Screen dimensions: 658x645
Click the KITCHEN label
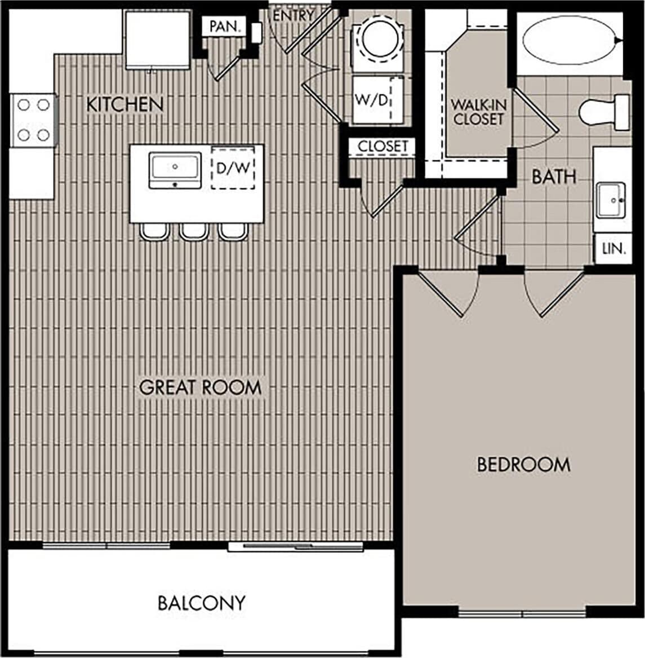[x=124, y=104]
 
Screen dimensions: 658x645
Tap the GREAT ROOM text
[x=200, y=387]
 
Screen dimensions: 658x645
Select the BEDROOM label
[x=523, y=465]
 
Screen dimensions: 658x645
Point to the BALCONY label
[x=201, y=603]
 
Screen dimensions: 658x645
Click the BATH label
[x=554, y=177]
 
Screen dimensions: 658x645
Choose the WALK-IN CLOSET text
[x=478, y=112]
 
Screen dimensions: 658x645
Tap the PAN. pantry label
[x=224, y=27]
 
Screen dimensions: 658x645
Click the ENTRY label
[x=292, y=16]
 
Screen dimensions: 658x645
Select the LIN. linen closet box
[x=613, y=248]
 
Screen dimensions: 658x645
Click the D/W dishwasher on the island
[x=233, y=167]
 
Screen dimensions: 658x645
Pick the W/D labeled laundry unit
[x=372, y=100]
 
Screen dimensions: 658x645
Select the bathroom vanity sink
[x=611, y=199]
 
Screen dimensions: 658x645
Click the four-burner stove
[x=33, y=120]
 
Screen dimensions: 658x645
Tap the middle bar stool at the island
[x=194, y=231]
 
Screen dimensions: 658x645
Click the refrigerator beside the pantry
[x=157, y=40]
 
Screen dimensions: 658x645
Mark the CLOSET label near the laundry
[x=382, y=146]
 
